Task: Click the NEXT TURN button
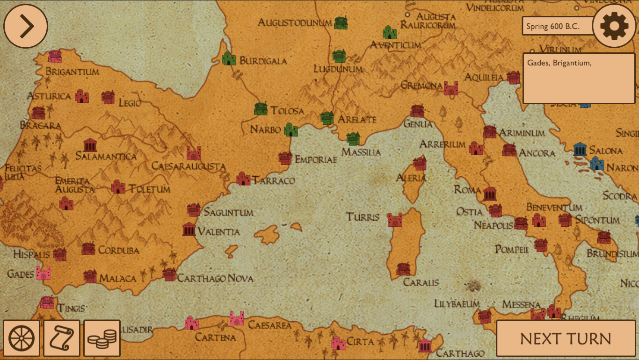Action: pos(566,338)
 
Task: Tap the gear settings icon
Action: pos(614,26)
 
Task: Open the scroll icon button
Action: pos(62,338)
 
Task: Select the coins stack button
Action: pos(102,338)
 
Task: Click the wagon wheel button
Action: pos(22,338)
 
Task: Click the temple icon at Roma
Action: pos(490,193)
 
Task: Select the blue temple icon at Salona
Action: pos(580,149)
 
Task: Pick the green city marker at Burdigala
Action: pos(229,58)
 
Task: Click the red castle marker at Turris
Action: pos(395,220)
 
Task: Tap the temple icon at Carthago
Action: pos(425,346)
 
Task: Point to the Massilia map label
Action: pos(361,152)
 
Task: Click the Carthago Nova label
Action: pos(215,279)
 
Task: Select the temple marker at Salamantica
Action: pos(90,145)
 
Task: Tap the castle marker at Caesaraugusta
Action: pos(193,153)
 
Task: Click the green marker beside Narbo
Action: pos(291,130)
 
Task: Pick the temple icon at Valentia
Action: pos(189,230)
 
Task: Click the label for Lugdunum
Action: pos(338,69)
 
